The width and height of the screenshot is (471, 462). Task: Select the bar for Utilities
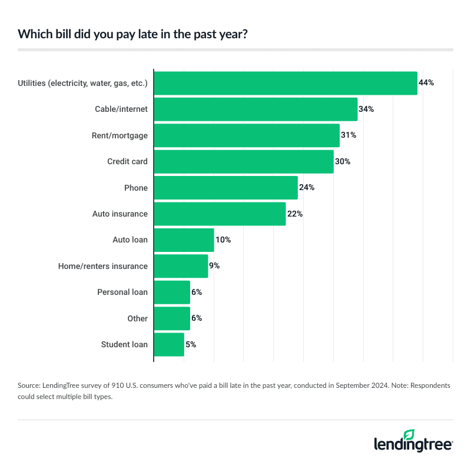click(x=286, y=83)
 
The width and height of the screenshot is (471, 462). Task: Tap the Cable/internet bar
click(x=256, y=109)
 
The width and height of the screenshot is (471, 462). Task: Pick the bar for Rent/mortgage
click(x=247, y=135)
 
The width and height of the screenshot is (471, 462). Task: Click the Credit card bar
click(x=244, y=161)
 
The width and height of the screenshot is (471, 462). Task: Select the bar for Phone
click(x=226, y=188)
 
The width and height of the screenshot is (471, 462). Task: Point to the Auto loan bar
click(x=184, y=240)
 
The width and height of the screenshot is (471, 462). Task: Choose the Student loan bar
click(x=169, y=344)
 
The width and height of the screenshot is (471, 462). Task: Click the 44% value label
click(x=426, y=83)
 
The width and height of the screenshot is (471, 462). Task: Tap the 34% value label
click(x=366, y=109)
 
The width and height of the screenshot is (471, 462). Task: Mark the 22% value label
click(x=294, y=214)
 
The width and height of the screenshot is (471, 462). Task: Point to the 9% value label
click(x=214, y=266)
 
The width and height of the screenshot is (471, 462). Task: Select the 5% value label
click(x=190, y=344)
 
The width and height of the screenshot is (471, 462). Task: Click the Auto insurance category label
click(x=120, y=214)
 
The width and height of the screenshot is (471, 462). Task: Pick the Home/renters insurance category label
click(x=103, y=266)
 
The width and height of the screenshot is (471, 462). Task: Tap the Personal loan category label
click(x=122, y=292)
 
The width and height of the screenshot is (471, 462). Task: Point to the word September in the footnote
click(x=353, y=385)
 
